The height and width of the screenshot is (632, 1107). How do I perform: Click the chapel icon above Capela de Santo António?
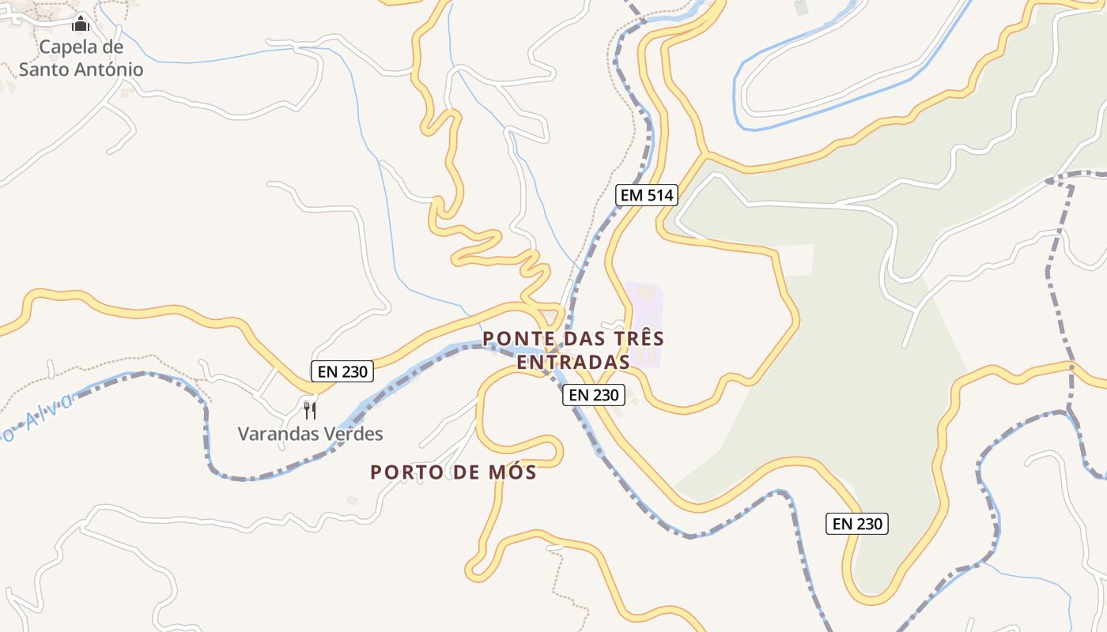click(81, 24)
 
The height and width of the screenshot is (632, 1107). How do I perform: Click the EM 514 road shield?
click(647, 194)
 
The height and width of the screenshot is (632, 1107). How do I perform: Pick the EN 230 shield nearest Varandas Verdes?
click(342, 371)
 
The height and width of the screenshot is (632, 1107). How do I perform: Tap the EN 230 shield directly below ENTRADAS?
click(594, 395)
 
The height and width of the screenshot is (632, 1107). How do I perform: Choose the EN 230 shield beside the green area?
click(857, 523)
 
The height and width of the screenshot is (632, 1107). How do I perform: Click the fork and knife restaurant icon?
click(310, 410)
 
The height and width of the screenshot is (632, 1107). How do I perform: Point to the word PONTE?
click(516, 339)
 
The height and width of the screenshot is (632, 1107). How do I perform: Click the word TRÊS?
click(636, 339)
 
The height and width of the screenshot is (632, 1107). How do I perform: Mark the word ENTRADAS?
click(572, 362)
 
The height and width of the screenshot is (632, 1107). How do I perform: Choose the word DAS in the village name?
click(579, 339)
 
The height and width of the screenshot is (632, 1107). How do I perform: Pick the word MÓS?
click(512, 472)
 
